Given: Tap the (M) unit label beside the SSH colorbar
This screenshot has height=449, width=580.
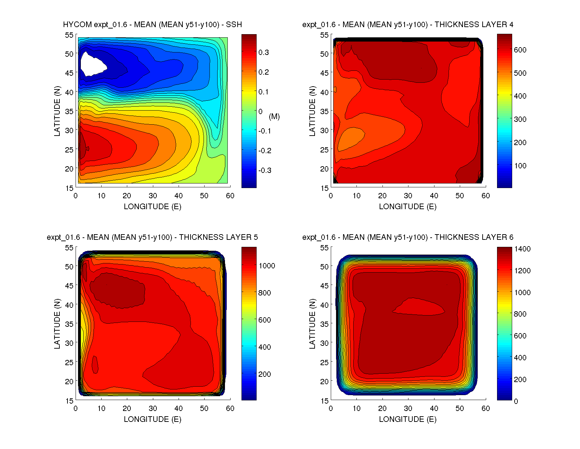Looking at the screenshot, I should coord(274,117).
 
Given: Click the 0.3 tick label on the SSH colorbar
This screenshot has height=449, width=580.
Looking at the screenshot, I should coord(264,52).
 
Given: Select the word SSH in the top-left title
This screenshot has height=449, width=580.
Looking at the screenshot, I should coord(234,25).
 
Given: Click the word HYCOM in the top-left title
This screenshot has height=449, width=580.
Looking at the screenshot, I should coord(77,25).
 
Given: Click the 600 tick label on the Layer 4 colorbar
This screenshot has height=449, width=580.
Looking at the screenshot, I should coord(520,50).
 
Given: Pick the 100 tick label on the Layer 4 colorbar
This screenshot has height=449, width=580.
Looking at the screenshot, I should coord(520,166).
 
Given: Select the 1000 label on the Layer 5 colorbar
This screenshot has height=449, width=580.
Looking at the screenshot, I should coord(267,266).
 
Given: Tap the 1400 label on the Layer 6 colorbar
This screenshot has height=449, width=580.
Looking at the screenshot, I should coord(522,249).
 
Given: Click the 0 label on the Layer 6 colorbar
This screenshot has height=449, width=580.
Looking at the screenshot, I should coord(516,401).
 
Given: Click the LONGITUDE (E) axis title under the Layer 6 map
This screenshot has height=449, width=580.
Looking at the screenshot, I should coord(408,419).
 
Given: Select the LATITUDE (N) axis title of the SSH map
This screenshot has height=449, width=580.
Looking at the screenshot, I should coord(57,111).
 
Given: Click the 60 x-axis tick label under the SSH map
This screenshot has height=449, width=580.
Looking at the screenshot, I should coord(230,196).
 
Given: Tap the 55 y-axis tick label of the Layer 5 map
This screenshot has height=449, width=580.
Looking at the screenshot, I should coord(69,248).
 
